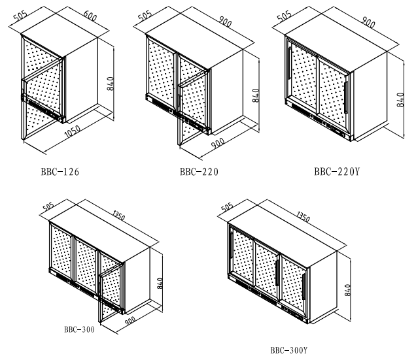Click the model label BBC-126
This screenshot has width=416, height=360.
click(x=60, y=172)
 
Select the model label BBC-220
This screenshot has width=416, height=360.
click(x=199, y=172)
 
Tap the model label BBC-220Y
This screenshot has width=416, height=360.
click(x=337, y=172)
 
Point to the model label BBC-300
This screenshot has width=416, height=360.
click(x=79, y=329)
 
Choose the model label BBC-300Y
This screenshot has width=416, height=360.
click(x=289, y=350)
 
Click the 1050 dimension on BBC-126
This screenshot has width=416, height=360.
click(x=73, y=131)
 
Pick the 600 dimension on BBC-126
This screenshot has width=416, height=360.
click(x=90, y=16)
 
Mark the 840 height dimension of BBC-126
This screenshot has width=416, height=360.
click(x=111, y=84)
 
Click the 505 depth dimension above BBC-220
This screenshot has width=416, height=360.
click(x=145, y=16)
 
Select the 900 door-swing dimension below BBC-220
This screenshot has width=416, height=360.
click(x=218, y=143)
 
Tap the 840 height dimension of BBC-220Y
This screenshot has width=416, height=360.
click(x=400, y=100)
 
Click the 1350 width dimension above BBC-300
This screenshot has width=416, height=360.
click(x=118, y=216)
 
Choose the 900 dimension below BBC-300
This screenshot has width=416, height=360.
click(x=130, y=321)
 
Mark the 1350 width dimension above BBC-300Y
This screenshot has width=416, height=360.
click(x=303, y=216)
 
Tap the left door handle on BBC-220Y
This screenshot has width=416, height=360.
click(x=290, y=63)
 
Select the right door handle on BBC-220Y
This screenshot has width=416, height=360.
click(x=346, y=97)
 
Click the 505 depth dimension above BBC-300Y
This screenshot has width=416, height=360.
click(x=228, y=206)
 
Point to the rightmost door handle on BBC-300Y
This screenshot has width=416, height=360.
click(x=303, y=287)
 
